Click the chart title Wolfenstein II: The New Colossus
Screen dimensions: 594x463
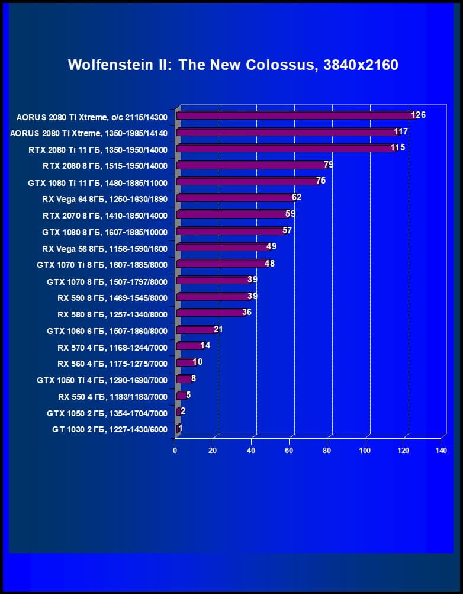tap(233, 65)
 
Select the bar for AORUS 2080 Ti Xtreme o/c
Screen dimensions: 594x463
tap(296, 115)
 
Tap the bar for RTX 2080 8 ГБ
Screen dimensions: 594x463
tap(252, 165)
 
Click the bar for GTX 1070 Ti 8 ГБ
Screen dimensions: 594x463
tap(222, 264)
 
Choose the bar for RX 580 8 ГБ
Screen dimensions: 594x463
tap(211, 313)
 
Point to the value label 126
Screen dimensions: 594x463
tap(419, 115)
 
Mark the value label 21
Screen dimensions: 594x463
tap(218, 329)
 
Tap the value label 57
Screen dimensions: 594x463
tap(287, 230)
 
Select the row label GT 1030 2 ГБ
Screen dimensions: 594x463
tap(110, 429)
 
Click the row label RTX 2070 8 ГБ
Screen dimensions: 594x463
tap(105, 215)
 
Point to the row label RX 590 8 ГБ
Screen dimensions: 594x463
tap(112, 298)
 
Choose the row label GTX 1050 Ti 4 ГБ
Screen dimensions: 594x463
tap(102, 380)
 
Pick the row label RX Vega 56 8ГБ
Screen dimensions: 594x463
tap(105, 248)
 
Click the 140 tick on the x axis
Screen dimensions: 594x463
tap(440, 451)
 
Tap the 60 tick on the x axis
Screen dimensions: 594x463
tap(289, 451)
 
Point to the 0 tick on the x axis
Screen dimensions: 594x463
tap(175, 451)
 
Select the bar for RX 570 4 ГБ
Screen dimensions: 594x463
tap(190, 346)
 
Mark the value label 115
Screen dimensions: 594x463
tap(397, 147)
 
